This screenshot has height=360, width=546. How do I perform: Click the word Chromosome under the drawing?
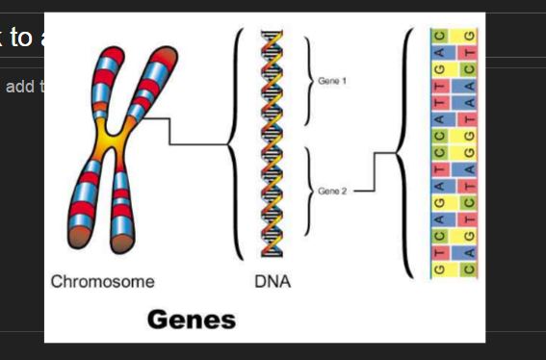(102, 282)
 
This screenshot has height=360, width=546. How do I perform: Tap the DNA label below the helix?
(273, 282)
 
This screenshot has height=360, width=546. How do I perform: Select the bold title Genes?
(192, 320)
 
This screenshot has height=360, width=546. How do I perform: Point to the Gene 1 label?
(332, 81)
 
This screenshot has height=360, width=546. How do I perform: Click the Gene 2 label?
(332, 192)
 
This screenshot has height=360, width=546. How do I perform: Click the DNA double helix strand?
(273, 144)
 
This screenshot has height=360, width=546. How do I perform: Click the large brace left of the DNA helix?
(233, 144)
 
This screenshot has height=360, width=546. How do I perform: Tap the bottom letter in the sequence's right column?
(469, 270)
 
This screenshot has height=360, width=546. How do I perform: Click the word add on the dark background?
(19, 88)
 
